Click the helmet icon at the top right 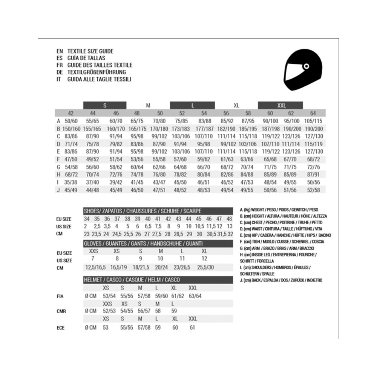pos(299,71)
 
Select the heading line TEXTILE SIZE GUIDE pos(90,51)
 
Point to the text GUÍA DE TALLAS pos(86,58)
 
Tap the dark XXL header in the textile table pos(280,106)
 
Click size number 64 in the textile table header pos(313,113)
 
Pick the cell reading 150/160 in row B pos(70,129)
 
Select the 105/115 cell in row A pos(313,121)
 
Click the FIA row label pos(60,296)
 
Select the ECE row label pos(60,328)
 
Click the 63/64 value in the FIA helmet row pos(195,296)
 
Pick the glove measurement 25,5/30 pos(205,267)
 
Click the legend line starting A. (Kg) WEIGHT pos(279,210)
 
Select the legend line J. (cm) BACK pos(281,280)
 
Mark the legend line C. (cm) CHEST pos(278,222)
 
